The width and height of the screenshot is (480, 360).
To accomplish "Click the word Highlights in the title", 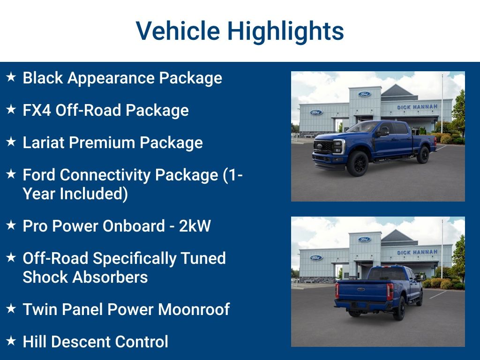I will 285,31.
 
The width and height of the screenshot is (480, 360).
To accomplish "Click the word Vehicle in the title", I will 178,31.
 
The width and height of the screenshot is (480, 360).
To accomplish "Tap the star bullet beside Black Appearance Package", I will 11,77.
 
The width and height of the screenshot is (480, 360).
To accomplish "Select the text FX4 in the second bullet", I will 37,110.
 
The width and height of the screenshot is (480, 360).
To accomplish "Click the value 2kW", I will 195,226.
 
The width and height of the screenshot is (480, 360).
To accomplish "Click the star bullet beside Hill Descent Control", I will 11,341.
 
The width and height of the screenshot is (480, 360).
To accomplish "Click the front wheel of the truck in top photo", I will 358,164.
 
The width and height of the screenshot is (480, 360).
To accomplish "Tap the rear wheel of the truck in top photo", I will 423,155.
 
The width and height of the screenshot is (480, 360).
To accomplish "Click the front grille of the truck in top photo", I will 323,147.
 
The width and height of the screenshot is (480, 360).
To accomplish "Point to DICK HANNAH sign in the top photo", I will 417,107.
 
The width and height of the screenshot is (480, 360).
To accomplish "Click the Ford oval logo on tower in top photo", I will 364,94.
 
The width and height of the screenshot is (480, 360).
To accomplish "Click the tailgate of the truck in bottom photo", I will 362,291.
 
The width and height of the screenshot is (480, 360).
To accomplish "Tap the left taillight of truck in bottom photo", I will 337,291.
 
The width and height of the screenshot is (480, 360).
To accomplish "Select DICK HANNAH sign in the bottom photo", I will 417,252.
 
